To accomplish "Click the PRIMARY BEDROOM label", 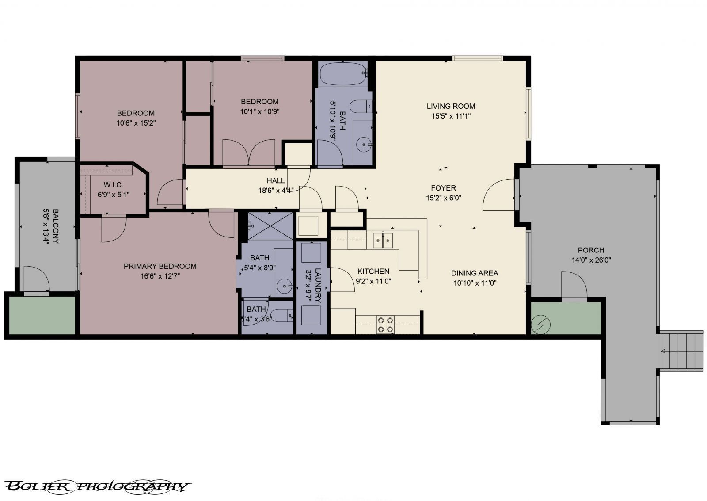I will (160, 266).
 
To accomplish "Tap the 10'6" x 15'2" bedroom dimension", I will (136, 123).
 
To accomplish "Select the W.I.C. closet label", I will (114, 184).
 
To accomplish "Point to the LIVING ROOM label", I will (451, 106).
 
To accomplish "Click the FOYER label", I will (443, 188).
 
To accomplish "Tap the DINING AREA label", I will (475, 273).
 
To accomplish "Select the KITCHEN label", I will (373, 271).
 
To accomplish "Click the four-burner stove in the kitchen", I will (385, 325).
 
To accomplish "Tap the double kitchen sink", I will (383, 241).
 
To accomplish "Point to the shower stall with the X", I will (270, 226).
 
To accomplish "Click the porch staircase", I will (681, 351).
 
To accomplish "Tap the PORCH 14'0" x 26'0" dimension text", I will (591, 260).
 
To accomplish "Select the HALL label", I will (276, 180).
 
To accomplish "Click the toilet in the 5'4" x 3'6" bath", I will (281, 315).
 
